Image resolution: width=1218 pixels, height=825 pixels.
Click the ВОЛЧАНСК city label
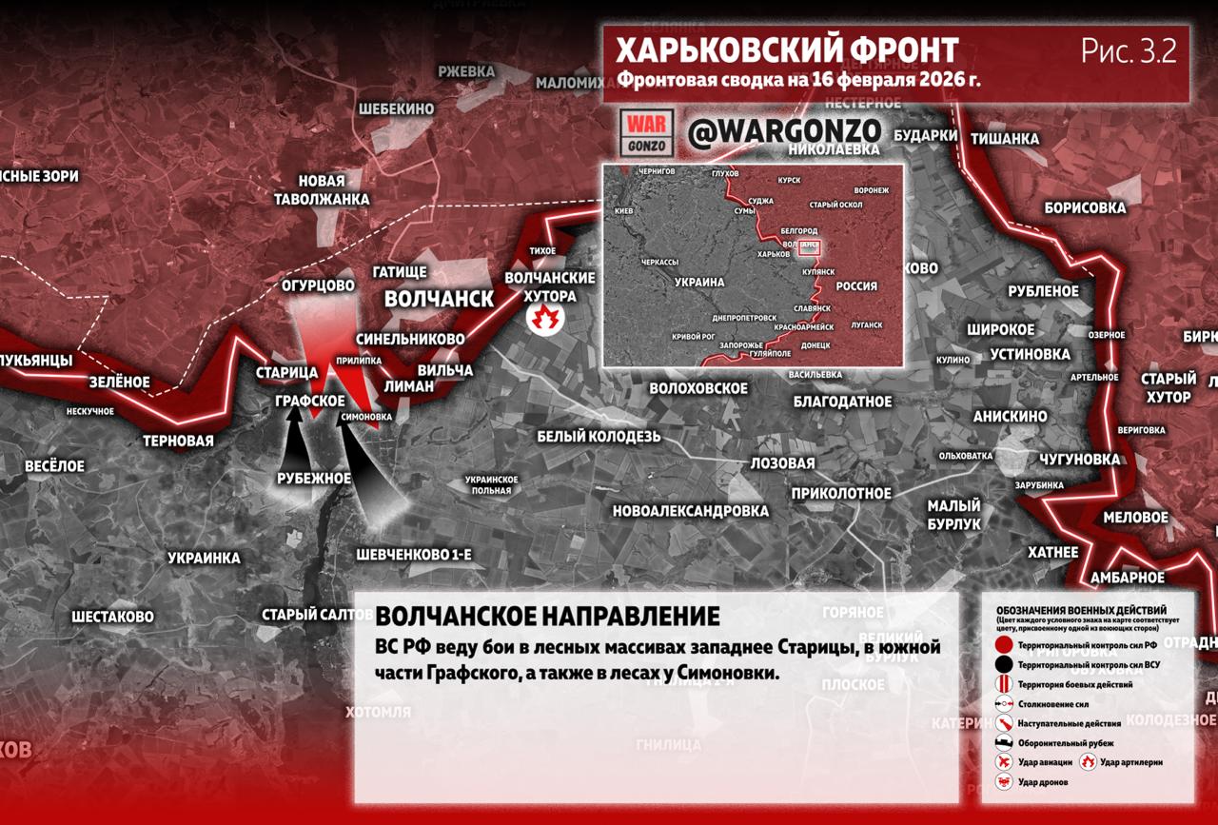tap(439, 299)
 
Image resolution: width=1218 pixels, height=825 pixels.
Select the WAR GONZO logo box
tap(646, 132)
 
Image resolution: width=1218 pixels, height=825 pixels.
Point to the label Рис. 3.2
tap(1129, 51)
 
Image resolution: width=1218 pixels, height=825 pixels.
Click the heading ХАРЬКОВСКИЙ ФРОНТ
tap(787, 49)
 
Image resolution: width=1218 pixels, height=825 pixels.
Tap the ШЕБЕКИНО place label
tap(396, 109)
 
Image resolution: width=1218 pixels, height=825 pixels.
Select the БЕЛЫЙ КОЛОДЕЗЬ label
tap(598, 437)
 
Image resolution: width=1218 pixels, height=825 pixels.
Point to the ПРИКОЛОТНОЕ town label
tap(840, 493)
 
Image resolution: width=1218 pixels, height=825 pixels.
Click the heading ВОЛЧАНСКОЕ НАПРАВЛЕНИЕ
tap(547, 615)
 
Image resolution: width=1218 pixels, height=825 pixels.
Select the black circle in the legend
tap(1003, 665)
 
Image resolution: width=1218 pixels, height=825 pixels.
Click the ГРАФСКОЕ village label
tap(310, 402)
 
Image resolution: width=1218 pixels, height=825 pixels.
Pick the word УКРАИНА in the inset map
tap(699, 283)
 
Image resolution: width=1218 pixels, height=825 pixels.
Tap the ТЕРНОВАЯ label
tap(178, 442)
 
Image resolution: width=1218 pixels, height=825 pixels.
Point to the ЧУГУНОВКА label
tap(1079, 460)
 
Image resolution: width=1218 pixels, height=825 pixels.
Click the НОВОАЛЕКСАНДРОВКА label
tap(690, 511)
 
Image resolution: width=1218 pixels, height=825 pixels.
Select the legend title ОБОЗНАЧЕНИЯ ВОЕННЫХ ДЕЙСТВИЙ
tap(1081, 610)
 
